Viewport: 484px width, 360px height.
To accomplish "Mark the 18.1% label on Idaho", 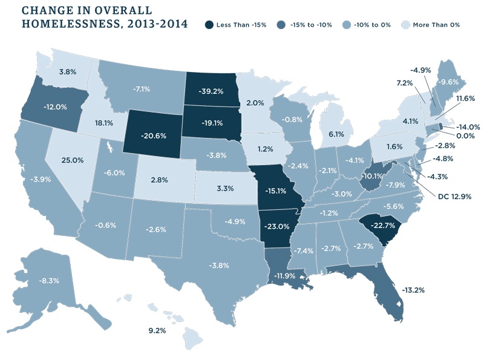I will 104,122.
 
